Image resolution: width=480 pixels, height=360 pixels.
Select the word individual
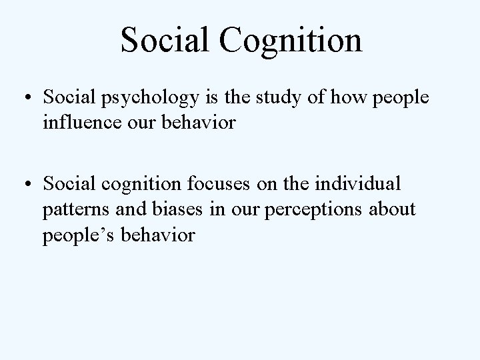point(365,183)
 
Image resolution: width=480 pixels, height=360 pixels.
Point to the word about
point(393,209)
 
